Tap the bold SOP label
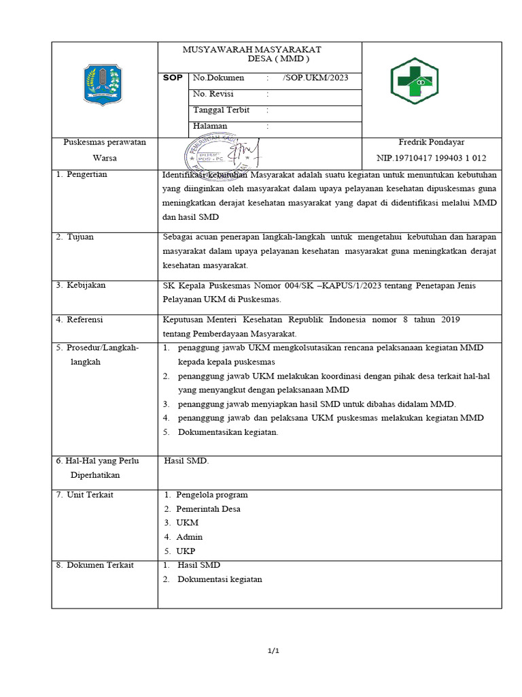pyautogui.click(x=173, y=78)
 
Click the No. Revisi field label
pyautogui.click(x=213, y=94)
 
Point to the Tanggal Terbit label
pyautogui.click(x=222, y=110)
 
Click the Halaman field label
pyautogui.click(x=211, y=126)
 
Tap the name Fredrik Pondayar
pyautogui.click(x=432, y=142)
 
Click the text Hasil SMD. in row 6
pyautogui.click(x=187, y=461)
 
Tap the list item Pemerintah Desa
pyautogui.click(x=208, y=508)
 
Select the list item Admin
pyautogui.click(x=190, y=537)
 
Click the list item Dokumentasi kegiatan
pyautogui.click(x=220, y=579)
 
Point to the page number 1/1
pyautogui.click(x=274, y=651)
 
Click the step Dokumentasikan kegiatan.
pyautogui.click(x=228, y=432)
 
